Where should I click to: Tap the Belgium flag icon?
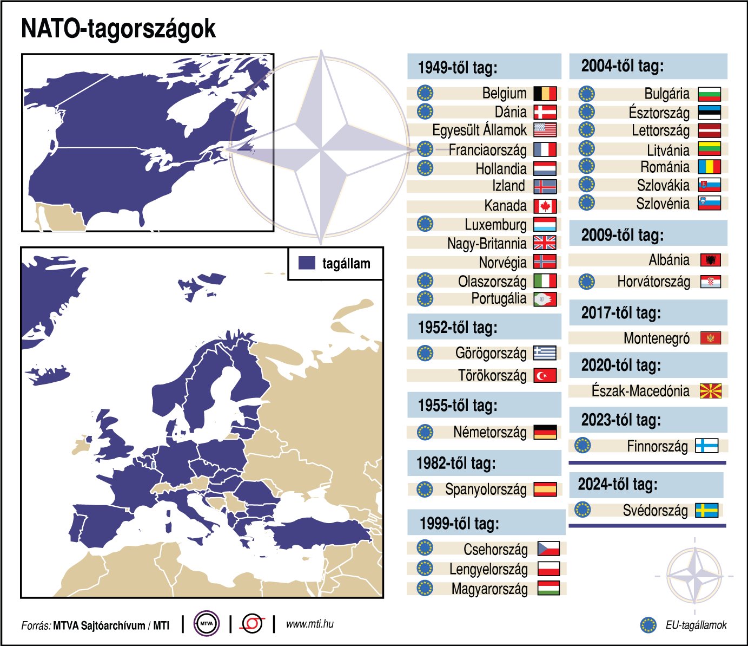pyautogui.click(x=545, y=94)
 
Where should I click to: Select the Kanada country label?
pyautogui.click(x=505, y=206)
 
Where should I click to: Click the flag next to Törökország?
pyautogui.click(x=545, y=375)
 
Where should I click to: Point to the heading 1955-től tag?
pyautogui.click(x=457, y=406)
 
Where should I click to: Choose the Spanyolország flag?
pyautogui.click(x=545, y=490)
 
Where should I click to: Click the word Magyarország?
pyautogui.click(x=489, y=589)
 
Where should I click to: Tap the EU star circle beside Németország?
pyautogui.click(x=425, y=432)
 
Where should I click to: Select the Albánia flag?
pyautogui.click(x=710, y=260)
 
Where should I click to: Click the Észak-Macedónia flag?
pyautogui.click(x=710, y=391)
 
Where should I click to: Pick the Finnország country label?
pyautogui.click(x=657, y=447)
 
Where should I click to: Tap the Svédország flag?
pyautogui.click(x=706, y=511)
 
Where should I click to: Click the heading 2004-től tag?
pyautogui.click(x=622, y=66)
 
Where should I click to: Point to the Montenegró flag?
pyautogui.click(x=710, y=338)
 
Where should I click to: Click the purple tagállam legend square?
pyautogui.click(x=307, y=263)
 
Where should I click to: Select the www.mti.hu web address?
pyautogui.click(x=309, y=624)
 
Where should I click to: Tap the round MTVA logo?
pyautogui.click(x=207, y=624)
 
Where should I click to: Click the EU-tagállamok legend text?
pyautogui.click(x=696, y=625)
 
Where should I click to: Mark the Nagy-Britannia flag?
pyautogui.click(x=545, y=243)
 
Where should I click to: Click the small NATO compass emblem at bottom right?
pyautogui.click(x=694, y=576)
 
